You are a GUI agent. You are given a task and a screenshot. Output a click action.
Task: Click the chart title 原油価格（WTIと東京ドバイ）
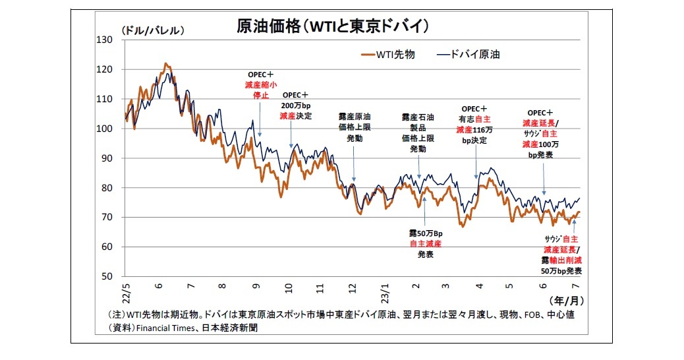(333, 26)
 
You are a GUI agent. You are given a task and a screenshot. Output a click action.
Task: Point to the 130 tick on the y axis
(105, 40)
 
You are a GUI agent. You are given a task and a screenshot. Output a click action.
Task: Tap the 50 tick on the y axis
(107, 276)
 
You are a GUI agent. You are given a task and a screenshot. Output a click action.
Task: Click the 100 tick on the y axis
(105, 129)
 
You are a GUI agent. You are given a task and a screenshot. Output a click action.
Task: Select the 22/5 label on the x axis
(125, 291)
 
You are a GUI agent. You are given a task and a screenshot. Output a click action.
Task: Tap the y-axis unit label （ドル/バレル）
(152, 30)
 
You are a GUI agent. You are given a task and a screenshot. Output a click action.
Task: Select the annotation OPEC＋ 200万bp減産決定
(295, 105)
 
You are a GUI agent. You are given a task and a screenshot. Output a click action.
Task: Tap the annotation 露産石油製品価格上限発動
(418, 133)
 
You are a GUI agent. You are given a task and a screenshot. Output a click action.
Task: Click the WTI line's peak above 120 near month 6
(165, 64)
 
